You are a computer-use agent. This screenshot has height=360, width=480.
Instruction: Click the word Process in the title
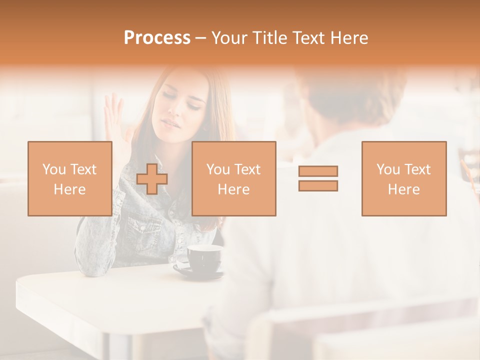(x=157, y=38)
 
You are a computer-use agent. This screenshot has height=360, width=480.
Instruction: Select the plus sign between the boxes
(x=152, y=178)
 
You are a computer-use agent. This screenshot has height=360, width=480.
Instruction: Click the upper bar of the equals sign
(x=318, y=171)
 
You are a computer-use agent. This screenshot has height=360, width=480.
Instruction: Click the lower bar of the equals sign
(x=318, y=185)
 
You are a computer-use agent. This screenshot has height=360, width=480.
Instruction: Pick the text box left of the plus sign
(x=69, y=178)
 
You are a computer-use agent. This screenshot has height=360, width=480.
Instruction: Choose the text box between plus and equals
(x=233, y=178)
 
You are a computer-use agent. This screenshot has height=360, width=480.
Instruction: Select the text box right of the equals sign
(x=403, y=178)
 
